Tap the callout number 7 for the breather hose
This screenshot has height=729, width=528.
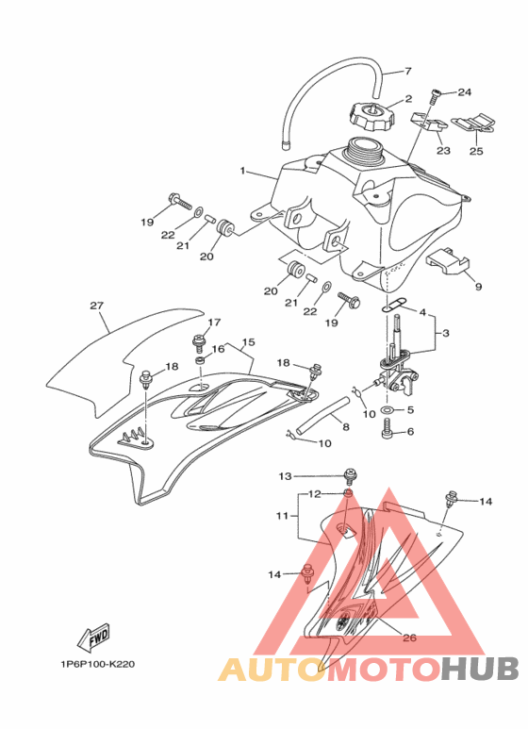coord(408,72)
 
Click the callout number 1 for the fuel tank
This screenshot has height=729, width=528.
coord(242,171)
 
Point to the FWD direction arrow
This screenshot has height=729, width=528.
coord(93,638)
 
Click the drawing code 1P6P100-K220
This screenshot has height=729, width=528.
coord(98,664)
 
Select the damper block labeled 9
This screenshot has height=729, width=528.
coord(448,260)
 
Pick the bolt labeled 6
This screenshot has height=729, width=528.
coord(388,428)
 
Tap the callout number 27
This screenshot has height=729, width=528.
coord(96,307)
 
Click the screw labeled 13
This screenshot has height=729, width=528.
coord(350,476)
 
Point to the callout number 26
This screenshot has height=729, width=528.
coord(409,638)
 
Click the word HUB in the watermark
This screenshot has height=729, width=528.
coord(480,669)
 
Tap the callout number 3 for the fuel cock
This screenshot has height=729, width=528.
coord(445,333)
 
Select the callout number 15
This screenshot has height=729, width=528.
coord(249,342)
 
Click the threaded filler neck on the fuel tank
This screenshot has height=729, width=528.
coord(365,150)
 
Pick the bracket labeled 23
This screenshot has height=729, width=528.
coord(428,123)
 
